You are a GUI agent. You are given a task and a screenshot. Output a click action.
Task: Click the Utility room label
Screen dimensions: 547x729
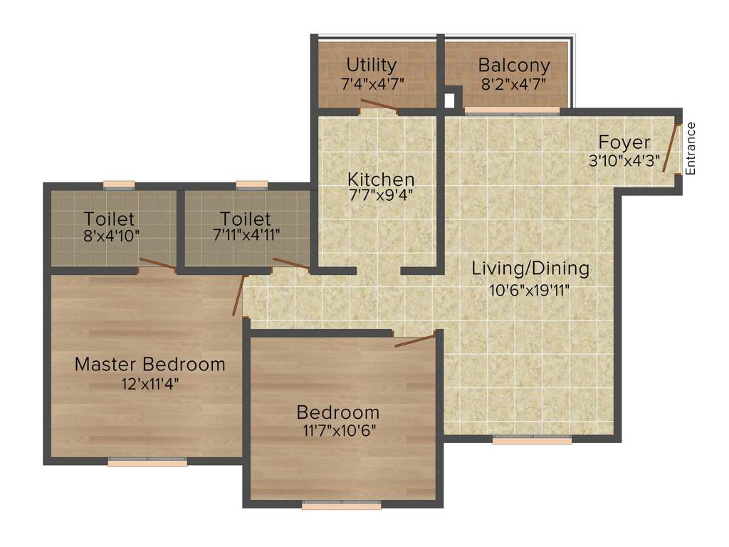[372, 66]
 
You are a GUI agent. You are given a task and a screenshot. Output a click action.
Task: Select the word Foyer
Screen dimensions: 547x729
[624, 142]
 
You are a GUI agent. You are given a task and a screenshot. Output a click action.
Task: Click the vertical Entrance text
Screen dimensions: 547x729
[690, 148]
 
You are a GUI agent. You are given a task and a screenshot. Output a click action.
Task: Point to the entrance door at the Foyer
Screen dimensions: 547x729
[671, 148]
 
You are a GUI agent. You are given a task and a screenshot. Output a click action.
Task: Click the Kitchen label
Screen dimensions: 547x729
[380, 179]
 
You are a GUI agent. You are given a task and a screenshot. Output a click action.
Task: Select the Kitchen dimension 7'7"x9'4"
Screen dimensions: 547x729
[380, 194]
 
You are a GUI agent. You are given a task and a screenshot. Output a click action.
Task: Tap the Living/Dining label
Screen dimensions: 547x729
[530, 269]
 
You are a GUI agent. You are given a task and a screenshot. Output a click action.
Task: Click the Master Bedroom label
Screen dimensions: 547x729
[150, 364]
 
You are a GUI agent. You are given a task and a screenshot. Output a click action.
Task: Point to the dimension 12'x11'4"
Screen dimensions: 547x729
[150, 384]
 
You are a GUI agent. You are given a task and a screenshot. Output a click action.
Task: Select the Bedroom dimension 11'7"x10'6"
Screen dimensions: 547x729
[337, 430]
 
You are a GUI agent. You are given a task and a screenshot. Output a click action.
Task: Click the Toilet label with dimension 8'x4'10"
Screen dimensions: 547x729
[109, 218]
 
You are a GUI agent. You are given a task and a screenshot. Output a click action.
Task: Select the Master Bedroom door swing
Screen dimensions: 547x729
[238, 295]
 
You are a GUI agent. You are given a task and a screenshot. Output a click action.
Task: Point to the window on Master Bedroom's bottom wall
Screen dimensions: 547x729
[147, 462]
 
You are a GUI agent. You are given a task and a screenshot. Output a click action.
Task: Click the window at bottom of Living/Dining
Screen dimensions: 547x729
[532, 440]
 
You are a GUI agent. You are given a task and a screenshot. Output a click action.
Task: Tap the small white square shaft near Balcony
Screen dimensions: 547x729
[449, 100]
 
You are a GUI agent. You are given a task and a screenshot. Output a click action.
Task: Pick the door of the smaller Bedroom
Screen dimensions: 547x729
[414, 339]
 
